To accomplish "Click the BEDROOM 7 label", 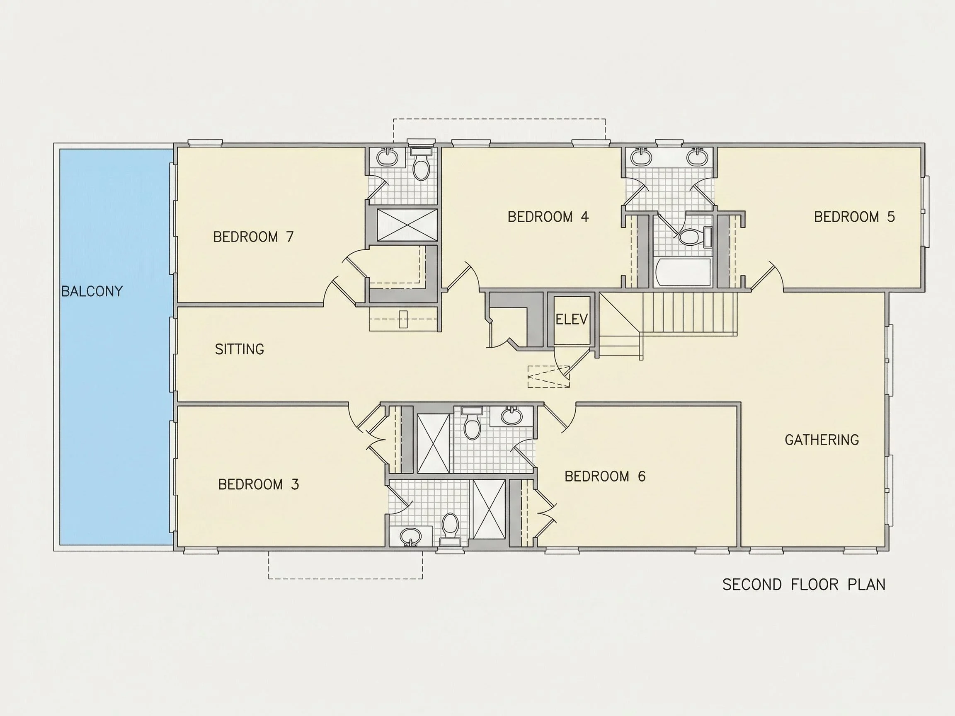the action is [253, 237].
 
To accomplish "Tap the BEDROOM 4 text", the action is [548, 217].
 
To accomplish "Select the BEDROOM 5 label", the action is [854, 217].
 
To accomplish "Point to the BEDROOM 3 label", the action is [258, 484].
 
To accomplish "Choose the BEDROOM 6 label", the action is [605, 476].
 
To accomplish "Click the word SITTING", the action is [239, 349].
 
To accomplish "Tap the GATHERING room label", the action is [822, 440].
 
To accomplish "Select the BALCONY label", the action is [92, 291].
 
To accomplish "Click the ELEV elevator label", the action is [572, 319].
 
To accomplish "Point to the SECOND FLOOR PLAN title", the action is [804, 584].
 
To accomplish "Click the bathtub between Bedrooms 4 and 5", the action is [682, 272].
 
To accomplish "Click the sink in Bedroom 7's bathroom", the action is [387, 157].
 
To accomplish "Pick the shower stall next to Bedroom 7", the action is [407, 225].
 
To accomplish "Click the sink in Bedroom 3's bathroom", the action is [410, 537].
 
